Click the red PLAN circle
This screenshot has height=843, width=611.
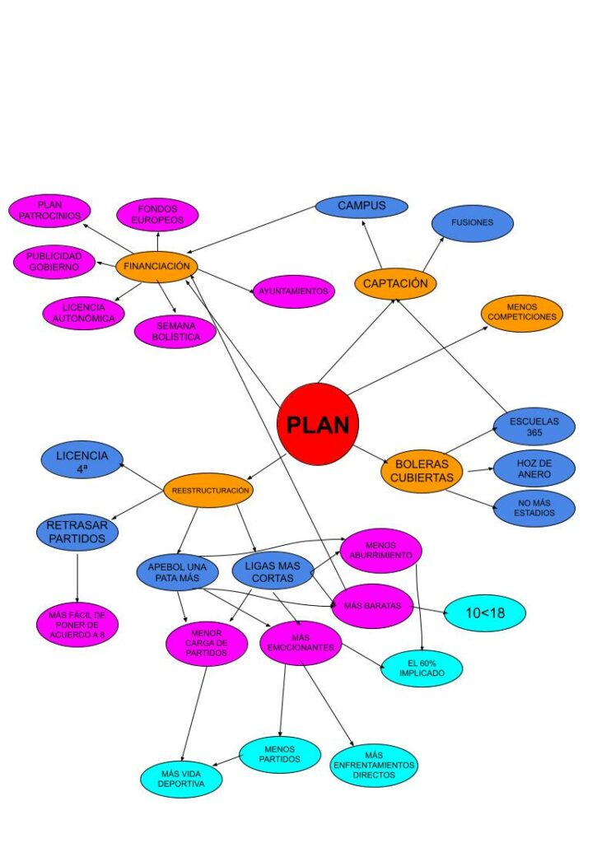(x=318, y=424)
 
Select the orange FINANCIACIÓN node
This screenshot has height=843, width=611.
(x=156, y=266)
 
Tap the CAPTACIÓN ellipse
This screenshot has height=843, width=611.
(x=395, y=284)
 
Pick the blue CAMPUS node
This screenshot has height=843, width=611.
(x=361, y=206)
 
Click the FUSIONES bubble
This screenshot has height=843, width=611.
(x=472, y=223)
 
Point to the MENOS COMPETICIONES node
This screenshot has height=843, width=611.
(x=522, y=313)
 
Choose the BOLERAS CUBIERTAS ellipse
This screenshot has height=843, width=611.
(x=422, y=471)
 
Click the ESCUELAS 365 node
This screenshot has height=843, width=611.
(x=534, y=427)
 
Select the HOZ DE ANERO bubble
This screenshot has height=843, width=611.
(x=534, y=468)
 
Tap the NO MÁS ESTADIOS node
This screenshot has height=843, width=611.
(x=534, y=507)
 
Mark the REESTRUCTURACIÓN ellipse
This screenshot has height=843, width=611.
(x=208, y=490)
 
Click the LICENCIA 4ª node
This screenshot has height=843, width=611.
(x=82, y=460)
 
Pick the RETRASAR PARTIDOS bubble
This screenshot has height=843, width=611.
(x=77, y=532)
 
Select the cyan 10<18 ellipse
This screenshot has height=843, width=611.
(x=484, y=612)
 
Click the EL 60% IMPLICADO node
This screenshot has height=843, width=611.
(x=422, y=667)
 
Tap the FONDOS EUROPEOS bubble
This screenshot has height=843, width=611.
(x=157, y=215)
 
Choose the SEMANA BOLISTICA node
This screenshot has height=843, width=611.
(x=175, y=332)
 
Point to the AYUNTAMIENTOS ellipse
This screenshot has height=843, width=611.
(x=293, y=291)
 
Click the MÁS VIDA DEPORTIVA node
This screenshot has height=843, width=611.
(x=181, y=779)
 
